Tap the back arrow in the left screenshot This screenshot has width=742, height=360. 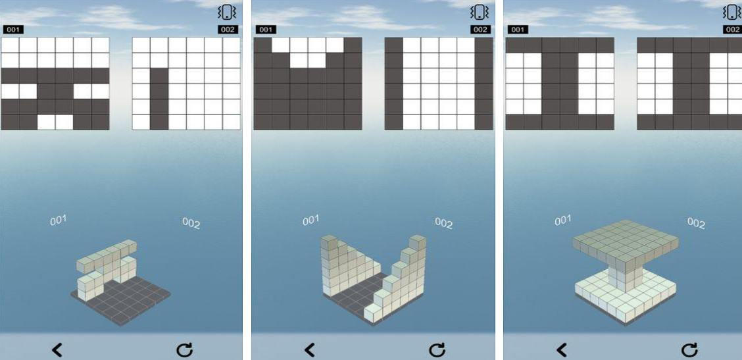tap(57, 350)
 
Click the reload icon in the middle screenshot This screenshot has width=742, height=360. tap(436, 350)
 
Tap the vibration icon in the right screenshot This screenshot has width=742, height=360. tap(733, 13)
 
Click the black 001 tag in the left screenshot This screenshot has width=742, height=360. tap(13, 30)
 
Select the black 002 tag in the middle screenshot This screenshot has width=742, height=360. tap(480, 30)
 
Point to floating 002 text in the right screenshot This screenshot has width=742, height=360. tap(696, 223)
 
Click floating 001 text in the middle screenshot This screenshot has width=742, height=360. tap(310, 220)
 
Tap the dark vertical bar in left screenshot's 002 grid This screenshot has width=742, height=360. tap(159, 99)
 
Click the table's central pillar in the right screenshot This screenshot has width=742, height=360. tap(626, 277)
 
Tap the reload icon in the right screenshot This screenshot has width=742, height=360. tap(689, 350)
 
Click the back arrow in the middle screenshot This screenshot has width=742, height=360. tap(309, 350)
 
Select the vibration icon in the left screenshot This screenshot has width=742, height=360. tap(227, 13)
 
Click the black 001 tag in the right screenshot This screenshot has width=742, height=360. tap(518, 30)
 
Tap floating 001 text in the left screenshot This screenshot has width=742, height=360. tap(58, 220)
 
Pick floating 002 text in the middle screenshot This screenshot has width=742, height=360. tap(443, 223)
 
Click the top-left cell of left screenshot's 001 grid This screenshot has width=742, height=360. tap(10, 45)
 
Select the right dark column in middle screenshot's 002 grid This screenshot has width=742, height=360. tap(484, 84)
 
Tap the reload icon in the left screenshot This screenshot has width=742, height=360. tap(184, 350)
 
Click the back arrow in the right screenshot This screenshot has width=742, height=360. tap(562, 350)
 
